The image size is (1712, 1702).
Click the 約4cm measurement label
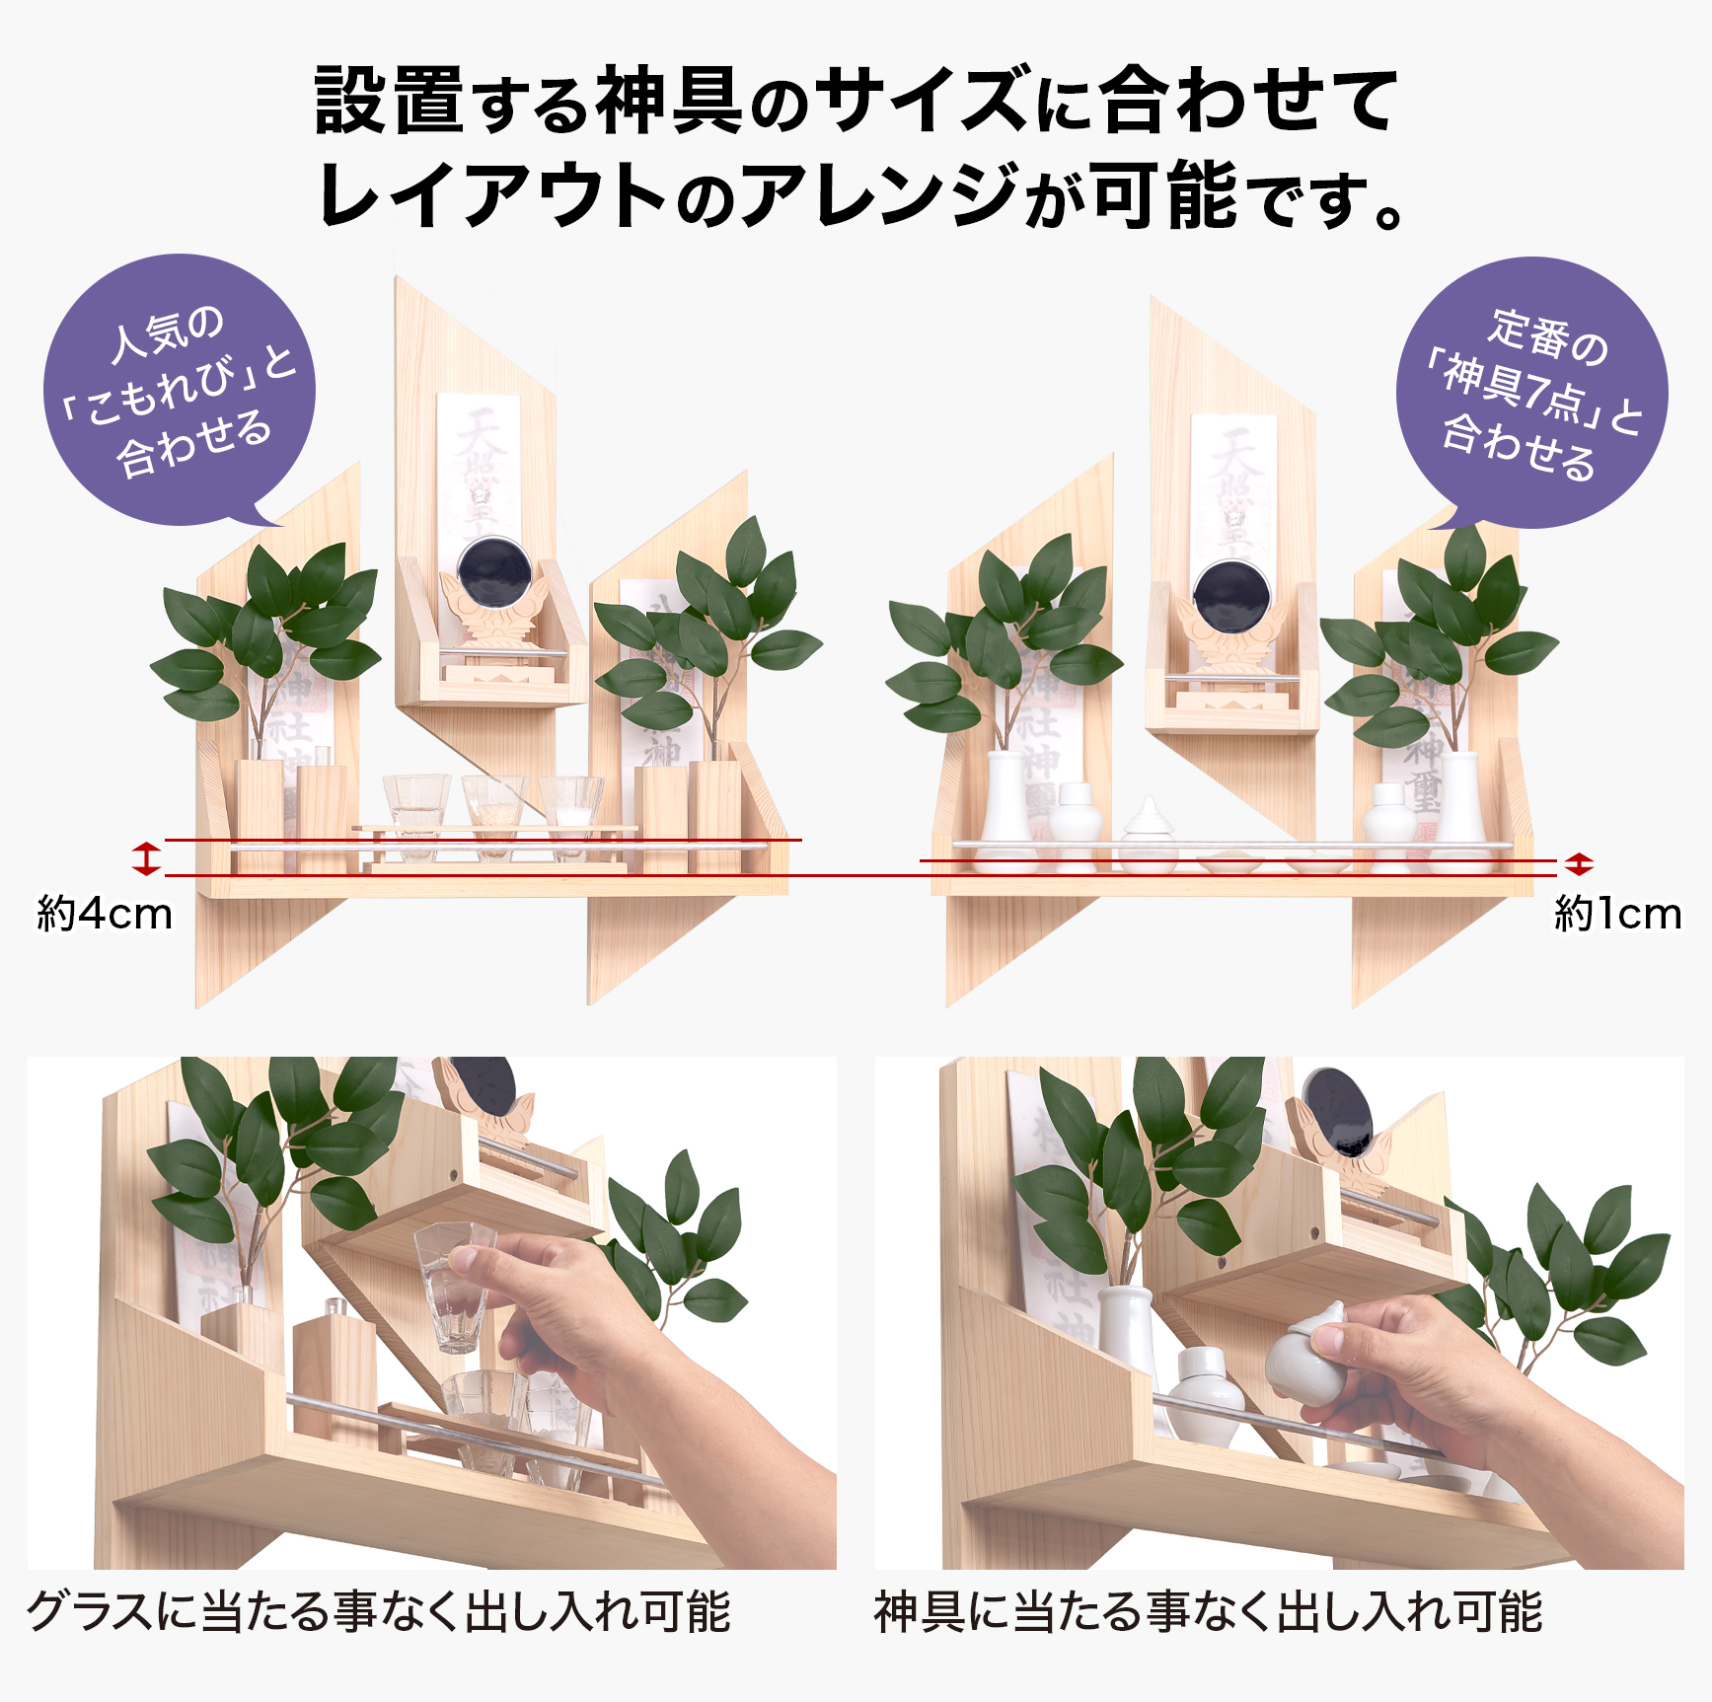[105, 914]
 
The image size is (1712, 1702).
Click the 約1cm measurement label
[1617, 914]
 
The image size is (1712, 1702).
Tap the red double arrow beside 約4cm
[146, 858]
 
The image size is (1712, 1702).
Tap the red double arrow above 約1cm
[1579, 864]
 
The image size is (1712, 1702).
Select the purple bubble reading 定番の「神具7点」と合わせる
[1531, 392]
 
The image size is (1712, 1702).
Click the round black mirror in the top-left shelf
[494, 575]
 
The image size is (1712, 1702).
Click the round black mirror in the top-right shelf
[1229, 595]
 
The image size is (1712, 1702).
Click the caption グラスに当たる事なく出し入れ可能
[378, 1612]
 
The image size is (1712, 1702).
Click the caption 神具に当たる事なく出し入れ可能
[1208, 1612]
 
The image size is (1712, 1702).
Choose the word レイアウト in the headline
[493, 195]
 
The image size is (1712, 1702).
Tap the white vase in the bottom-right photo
[1125, 1327]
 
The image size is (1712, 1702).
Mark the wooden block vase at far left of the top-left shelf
[260, 814]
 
